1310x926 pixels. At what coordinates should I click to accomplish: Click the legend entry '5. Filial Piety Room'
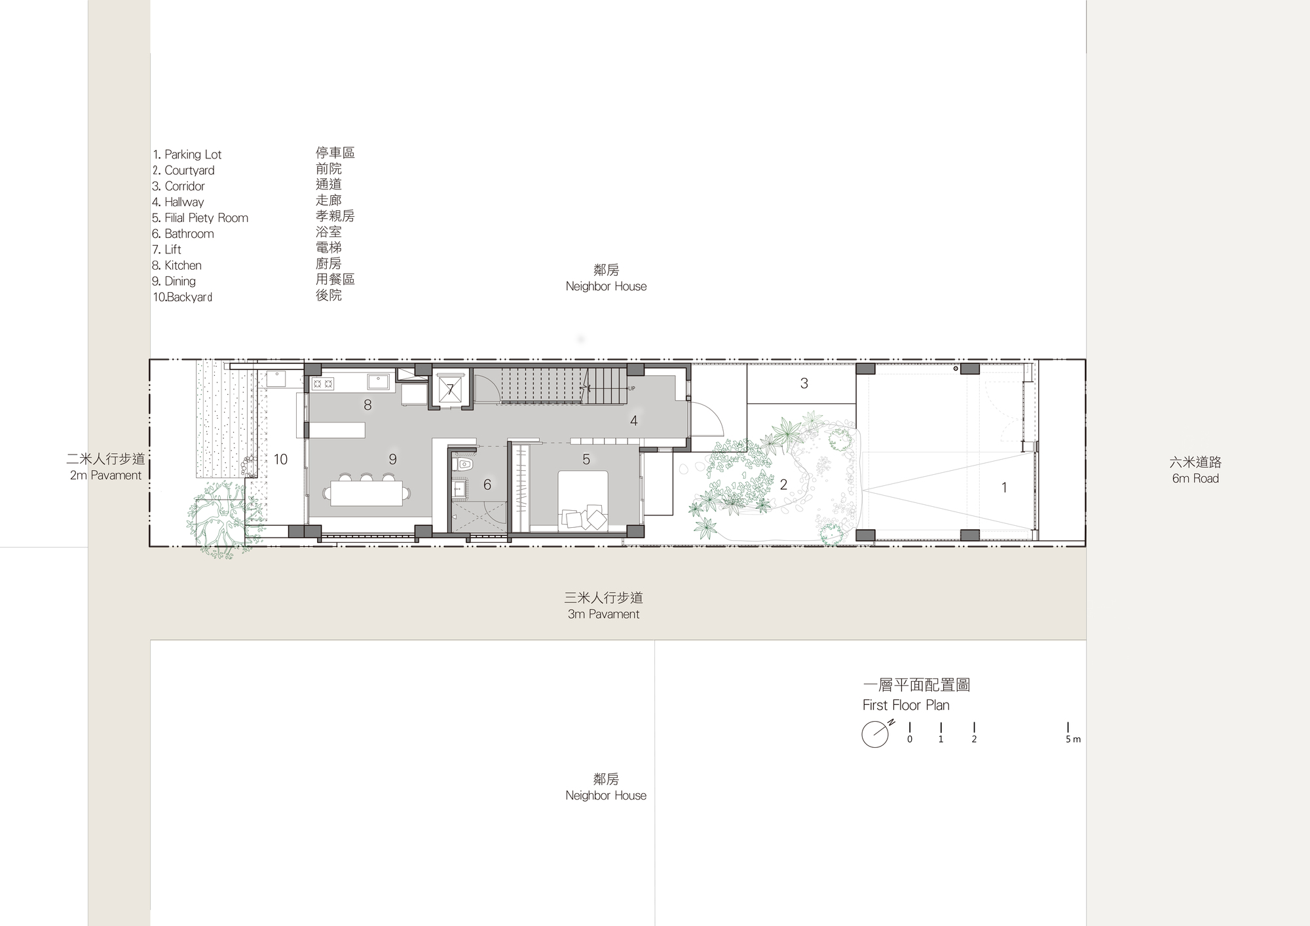pos(200,218)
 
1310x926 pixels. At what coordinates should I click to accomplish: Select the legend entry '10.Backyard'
pos(183,297)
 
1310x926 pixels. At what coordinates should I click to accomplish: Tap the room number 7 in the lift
pos(450,390)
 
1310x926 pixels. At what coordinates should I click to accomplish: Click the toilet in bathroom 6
pos(465,465)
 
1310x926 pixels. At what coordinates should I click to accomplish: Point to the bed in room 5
pos(582,500)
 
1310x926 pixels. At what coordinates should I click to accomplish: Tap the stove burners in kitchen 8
pos(323,384)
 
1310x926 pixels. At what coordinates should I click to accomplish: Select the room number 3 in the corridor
pos(804,384)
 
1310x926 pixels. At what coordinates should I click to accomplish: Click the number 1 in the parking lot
pos(1003,487)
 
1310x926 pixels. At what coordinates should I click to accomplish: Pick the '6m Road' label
pos(1195,479)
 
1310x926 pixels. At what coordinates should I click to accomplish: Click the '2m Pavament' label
pos(105,475)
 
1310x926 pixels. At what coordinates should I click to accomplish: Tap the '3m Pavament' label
pos(603,614)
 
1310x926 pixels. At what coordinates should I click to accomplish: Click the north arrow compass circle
pos(874,734)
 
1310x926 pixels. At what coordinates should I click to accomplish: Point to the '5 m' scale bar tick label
pos(1072,739)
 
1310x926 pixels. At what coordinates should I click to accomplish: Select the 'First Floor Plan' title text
pos(905,705)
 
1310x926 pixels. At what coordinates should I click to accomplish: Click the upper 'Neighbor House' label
pos(606,286)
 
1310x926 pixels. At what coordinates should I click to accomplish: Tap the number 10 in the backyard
pos(280,460)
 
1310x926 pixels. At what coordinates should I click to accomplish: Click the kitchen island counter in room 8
pos(337,430)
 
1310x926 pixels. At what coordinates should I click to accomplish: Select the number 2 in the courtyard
pos(783,485)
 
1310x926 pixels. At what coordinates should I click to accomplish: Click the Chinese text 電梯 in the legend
pos(328,248)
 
